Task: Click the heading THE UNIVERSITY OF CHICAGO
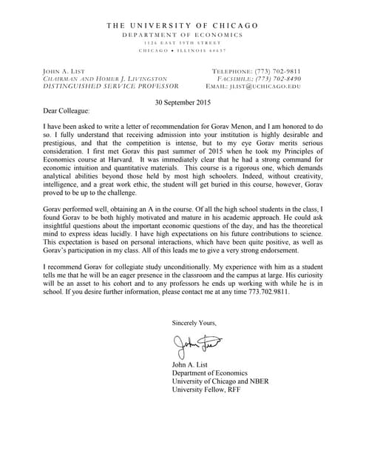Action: pyautogui.click(x=183, y=25)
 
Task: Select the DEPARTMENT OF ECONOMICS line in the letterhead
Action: pyautogui.click(x=183, y=35)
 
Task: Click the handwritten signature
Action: pyautogui.click(x=200, y=343)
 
